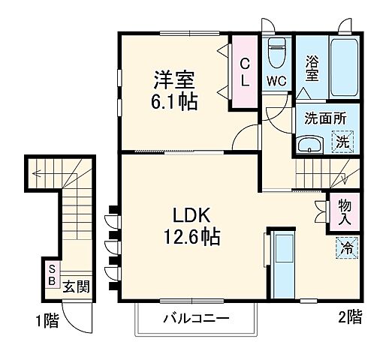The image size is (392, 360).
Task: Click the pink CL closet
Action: click(x=245, y=73)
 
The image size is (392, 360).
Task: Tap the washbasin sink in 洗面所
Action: click(x=308, y=143)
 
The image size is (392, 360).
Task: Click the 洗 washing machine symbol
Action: click(x=342, y=141)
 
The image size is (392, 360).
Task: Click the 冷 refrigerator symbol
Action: click(x=347, y=246)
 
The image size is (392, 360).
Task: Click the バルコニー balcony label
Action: click(x=196, y=319)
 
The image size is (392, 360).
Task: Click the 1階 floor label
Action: click(x=46, y=320)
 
